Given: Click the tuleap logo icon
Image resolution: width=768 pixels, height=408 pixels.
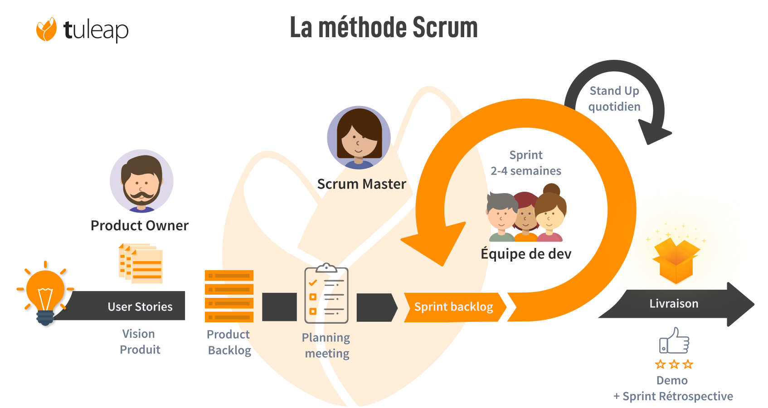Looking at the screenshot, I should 46,29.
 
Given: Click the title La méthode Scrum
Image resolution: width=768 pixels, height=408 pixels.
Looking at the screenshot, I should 384,28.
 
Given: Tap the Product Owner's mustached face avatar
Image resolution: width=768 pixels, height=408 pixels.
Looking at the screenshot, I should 141,181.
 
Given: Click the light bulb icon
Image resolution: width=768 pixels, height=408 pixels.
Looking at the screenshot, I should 45,293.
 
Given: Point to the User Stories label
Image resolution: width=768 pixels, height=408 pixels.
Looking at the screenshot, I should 140,307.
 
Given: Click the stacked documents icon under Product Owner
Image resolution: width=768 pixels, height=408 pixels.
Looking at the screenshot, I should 141,264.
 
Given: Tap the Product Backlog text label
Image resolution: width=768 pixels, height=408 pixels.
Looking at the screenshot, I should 229,342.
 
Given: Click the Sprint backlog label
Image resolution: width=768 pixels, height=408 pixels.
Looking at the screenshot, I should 453,307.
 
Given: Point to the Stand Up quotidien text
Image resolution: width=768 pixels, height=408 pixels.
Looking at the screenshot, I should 614,99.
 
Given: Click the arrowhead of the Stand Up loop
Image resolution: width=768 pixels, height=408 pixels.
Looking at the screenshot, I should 654,132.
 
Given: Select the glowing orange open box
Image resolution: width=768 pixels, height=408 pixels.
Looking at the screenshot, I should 676,262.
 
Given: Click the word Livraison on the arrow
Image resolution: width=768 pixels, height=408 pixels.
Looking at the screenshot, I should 674,304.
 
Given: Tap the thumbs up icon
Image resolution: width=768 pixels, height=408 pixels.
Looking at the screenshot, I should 674,341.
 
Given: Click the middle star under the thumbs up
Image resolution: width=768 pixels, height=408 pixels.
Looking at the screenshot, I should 674,364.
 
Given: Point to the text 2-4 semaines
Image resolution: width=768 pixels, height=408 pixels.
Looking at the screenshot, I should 526,171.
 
